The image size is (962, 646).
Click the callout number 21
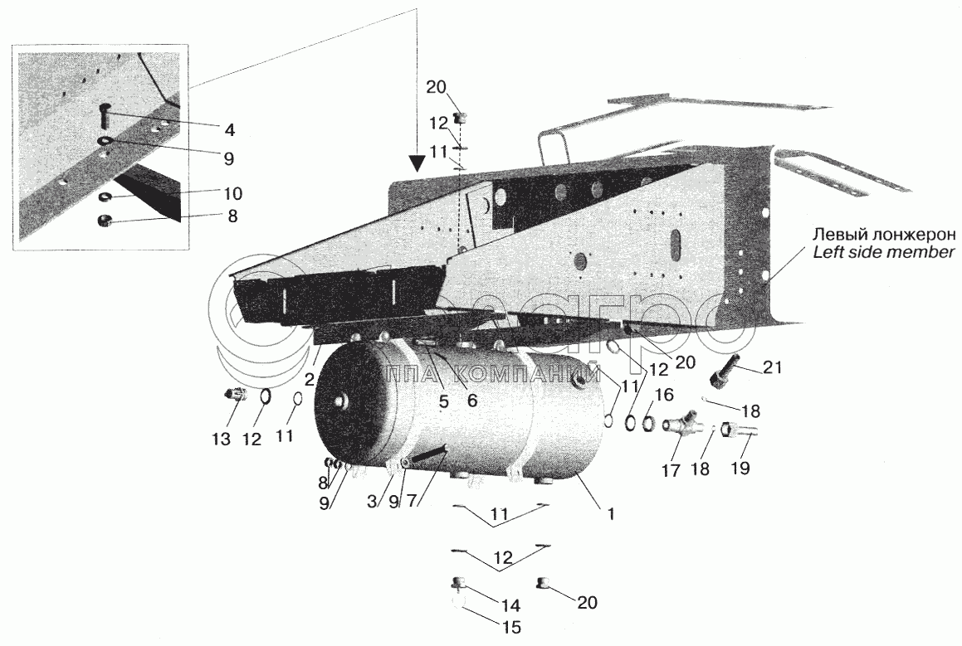coord(773,367)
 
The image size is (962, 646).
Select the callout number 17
coord(670,470)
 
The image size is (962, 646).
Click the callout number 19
coord(740,467)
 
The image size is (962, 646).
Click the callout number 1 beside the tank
coord(611,513)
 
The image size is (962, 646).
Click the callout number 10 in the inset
coord(233,194)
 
